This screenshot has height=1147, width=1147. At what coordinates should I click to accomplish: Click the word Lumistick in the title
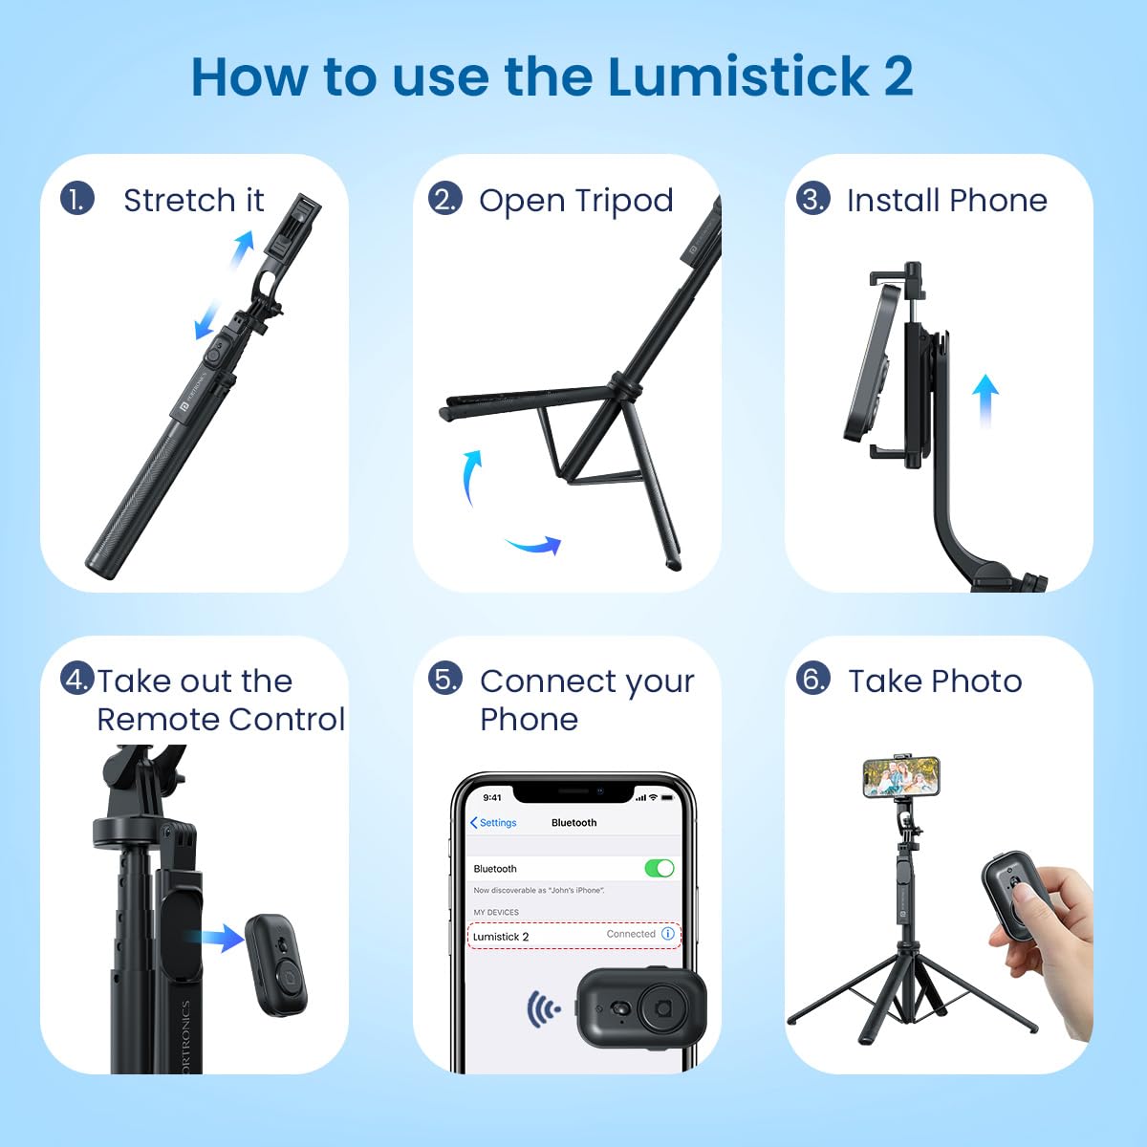[738, 76]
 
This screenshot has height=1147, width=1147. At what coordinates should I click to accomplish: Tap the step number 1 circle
[77, 199]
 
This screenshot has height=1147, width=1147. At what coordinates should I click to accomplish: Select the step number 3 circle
[812, 199]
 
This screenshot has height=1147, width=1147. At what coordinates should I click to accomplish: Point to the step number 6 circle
[812, 680]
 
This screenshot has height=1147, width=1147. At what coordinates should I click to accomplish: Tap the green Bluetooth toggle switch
[659, 869]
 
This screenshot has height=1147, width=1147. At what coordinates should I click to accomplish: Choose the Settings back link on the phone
[493, 823]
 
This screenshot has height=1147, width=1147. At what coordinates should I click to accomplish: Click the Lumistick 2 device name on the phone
[501, 937]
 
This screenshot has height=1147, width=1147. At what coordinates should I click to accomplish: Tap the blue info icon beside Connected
[668, 933]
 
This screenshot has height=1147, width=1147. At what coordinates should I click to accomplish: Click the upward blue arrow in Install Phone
[985, 400]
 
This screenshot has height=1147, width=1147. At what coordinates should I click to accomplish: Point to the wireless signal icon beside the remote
[543, 1008]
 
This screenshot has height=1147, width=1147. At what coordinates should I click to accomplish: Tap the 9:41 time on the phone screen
[492, 797]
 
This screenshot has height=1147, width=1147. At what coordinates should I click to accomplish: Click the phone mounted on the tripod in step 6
[901, 777]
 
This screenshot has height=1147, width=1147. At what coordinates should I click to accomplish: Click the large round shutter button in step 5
[662, 1008]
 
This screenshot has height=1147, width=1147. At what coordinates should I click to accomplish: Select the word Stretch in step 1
[179, 200]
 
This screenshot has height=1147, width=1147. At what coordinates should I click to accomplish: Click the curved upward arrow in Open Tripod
[471, 477]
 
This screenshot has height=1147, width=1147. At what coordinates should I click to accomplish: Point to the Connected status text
[631, 933]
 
